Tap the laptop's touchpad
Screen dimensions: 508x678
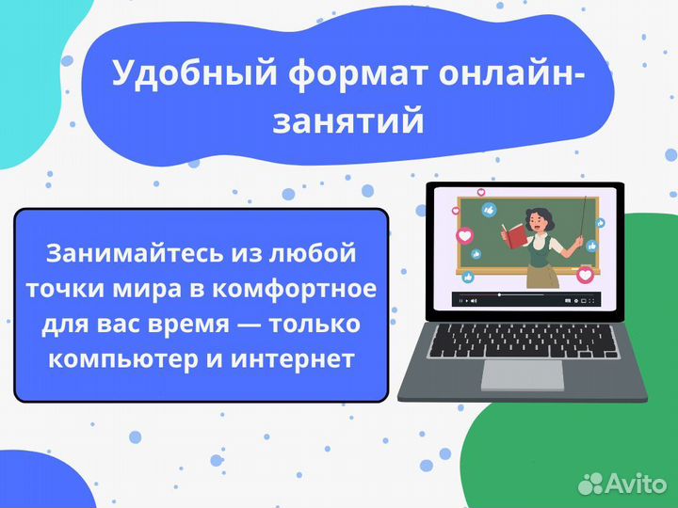coord(522,373)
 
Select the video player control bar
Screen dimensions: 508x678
coord(523,300)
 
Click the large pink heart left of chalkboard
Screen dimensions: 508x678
coord(464,235)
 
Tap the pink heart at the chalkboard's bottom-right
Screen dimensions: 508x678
coord(585,276)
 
